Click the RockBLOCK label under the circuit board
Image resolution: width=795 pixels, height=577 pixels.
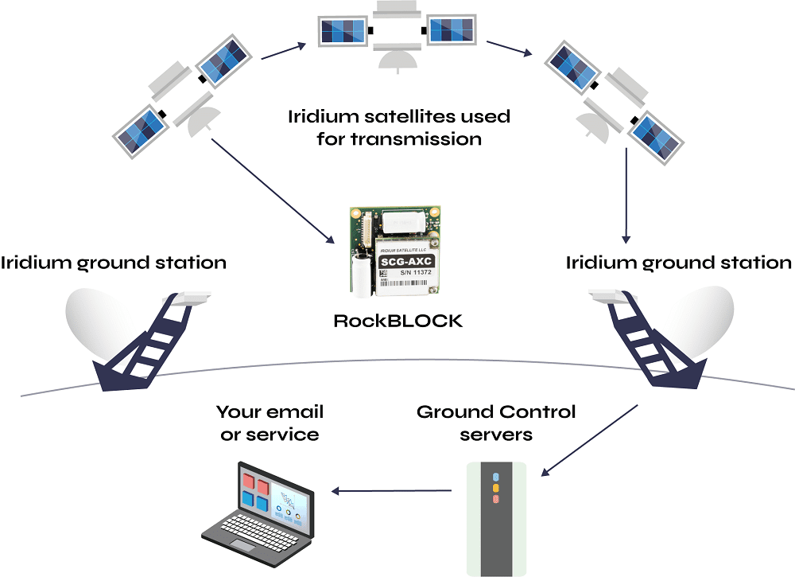tap(397, 322)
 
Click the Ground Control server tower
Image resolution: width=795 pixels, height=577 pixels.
tap(496, 517)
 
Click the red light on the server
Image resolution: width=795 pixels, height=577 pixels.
tap(496, 498)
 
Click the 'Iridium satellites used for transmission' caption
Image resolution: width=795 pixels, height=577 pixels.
tap(398, 127)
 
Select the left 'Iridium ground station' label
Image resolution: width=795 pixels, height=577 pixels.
tap(114, 263)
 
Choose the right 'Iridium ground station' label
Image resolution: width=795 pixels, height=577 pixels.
tap(678, 263)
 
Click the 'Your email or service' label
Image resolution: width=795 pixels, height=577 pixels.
tap(270, 423)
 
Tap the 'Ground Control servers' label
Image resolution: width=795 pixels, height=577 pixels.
tap(496, 423)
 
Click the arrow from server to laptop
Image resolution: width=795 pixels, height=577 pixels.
tap(393, 490)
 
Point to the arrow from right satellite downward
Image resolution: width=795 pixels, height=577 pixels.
tap(626, 195)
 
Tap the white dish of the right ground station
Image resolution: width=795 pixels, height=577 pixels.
tap(696, 322)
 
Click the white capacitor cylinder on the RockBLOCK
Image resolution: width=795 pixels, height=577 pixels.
tap(361, 275)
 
